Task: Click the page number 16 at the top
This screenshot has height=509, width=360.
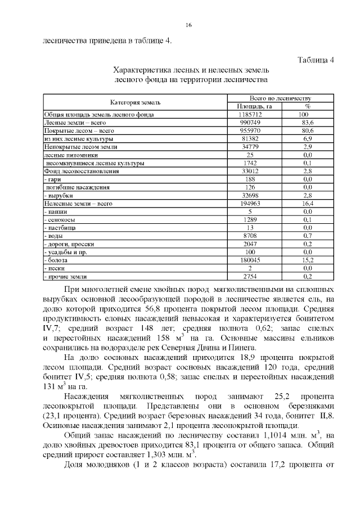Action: click(188, 25)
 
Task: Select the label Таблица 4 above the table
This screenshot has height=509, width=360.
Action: click(315, 61)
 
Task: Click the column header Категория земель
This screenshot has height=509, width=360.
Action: click(135, 102)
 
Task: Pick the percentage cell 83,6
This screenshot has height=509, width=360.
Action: click(307, 122)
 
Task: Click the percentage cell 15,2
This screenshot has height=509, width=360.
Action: click(307, 260)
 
